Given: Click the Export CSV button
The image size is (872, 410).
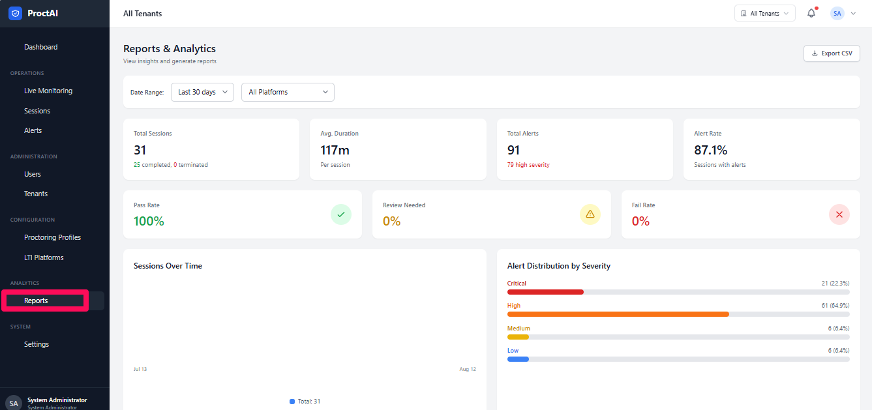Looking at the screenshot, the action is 832,53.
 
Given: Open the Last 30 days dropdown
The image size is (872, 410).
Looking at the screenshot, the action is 202,92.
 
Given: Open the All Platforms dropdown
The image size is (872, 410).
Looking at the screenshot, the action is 288,92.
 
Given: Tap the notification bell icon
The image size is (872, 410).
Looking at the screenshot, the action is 811,13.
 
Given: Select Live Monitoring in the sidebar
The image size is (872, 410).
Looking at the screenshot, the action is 48,91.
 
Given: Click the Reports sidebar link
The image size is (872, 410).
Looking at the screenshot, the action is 36,300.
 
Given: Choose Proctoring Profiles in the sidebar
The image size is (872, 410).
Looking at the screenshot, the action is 53,237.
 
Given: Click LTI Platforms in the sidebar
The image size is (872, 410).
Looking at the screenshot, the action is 44,257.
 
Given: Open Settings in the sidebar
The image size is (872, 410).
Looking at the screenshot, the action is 37,344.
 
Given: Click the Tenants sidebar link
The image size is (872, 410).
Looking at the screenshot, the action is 36,194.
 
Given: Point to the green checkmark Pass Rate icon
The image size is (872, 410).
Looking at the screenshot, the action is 341,214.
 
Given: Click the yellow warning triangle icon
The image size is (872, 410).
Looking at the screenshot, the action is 590,214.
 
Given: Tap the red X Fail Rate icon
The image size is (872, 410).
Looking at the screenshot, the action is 839,214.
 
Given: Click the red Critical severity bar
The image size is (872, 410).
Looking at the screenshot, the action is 545,292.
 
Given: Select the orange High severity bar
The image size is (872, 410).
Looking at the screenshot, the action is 618,314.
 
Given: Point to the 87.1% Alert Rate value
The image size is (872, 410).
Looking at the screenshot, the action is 710,150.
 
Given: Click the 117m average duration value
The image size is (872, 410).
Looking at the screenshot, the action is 335,150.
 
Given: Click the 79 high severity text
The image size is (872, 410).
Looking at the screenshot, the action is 528,165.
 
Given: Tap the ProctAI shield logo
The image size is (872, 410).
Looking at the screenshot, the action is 15,13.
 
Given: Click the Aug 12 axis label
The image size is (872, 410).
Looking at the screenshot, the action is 468,369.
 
